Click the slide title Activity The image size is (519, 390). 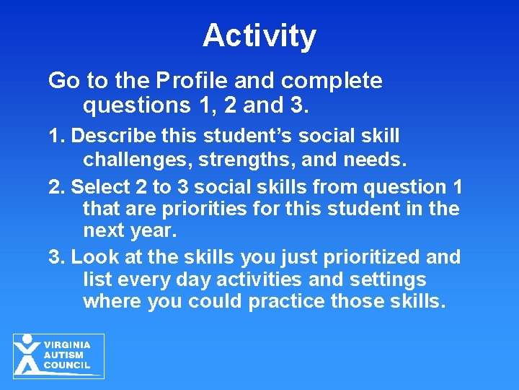click(259, 35)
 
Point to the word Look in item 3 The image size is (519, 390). click(92, 256)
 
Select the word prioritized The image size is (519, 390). click(375, 256)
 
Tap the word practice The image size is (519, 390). click(288, 301)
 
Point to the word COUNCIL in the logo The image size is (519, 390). click(67, 365)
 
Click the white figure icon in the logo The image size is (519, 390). click(28, 355)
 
